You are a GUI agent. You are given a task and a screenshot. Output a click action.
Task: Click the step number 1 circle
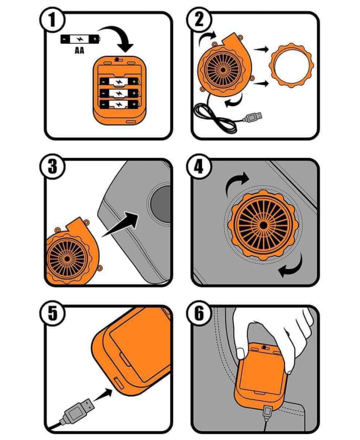click(52, 20)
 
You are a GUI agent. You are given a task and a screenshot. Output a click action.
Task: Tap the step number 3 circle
click(52, 166)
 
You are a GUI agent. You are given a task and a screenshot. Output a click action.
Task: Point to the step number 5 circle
click(52, 313)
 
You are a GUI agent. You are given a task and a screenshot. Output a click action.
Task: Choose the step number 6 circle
click(199, 313)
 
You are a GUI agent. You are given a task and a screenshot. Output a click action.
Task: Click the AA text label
click(80, 51)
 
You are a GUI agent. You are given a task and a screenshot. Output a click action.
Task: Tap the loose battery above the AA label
click(80, 39)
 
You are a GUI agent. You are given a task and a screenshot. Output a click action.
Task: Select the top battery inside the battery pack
click(119, 82)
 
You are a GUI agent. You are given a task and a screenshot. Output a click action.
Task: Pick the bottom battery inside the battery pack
click(119, 104)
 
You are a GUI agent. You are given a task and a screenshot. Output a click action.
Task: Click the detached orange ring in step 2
click(291, 65)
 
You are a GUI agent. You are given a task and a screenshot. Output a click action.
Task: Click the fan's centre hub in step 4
click(263, 225)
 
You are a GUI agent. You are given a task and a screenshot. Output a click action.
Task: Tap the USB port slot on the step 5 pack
click(118, 384)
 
